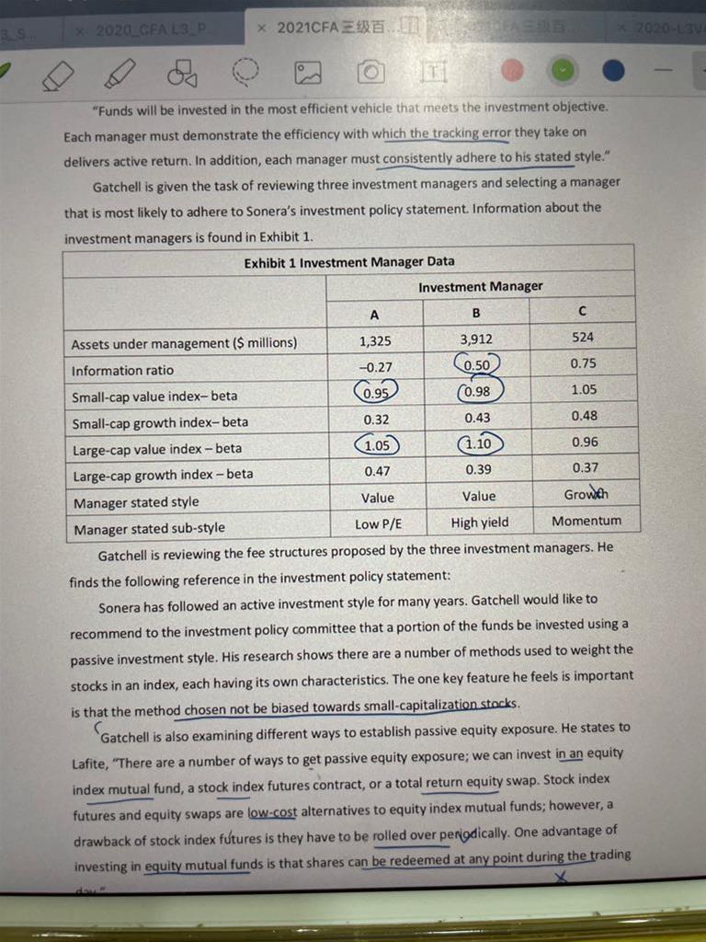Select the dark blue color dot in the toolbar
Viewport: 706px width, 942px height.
click(x=613, y=70)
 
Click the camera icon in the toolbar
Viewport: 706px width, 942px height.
click(x=371, y=71)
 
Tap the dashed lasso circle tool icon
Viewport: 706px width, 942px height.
click(x=245, y=71)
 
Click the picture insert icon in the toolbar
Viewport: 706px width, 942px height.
click(x=308, y=72)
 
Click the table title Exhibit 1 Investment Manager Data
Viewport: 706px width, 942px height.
click(x=348, y=262)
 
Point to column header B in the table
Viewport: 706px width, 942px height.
click(x=476, y=313)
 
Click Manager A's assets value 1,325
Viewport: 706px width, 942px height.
click(x=375, y=339)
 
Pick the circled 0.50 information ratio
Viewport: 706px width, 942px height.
click(x=476, y=365)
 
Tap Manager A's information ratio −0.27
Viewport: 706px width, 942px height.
click(x=375, y=366)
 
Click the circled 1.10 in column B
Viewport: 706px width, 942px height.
click(x=477, y=443)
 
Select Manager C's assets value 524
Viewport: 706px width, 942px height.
click(x=583, y=338)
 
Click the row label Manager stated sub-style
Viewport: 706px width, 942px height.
click(x=149, y=530)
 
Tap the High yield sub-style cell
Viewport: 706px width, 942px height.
click(x=479, y=523)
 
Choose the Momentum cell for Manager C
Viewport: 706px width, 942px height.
click(x=586, y=521)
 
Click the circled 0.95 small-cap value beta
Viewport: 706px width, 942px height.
click(x=375, y=393)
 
